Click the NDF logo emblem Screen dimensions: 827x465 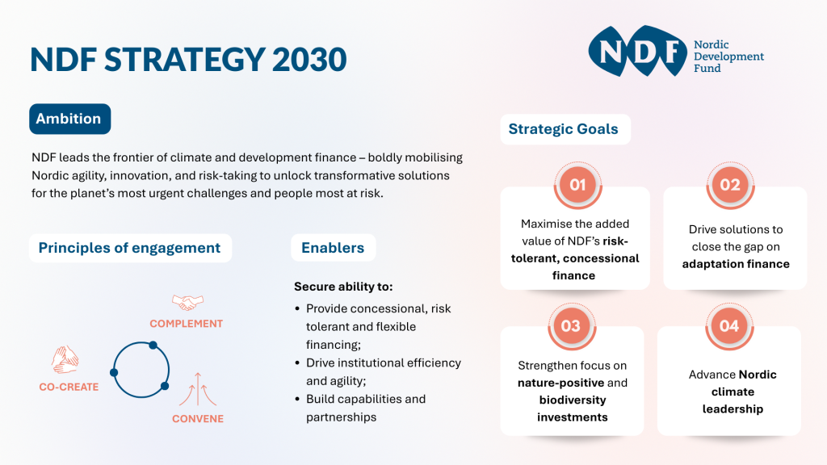(638, 51)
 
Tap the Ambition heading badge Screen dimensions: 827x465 (69, 119)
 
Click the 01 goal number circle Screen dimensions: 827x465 (577, 185)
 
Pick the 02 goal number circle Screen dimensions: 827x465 (730, 185)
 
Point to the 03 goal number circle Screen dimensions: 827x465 (571, 326)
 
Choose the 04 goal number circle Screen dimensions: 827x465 (729, 326)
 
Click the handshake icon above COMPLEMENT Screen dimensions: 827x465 (187, 303)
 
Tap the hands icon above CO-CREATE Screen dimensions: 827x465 (65, 359)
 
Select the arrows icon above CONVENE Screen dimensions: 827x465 (198, 389)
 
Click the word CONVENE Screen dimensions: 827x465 (198, 419)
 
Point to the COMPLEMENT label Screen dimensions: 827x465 (187, 324)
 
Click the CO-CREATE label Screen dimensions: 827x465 (69, 387)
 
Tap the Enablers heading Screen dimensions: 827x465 (333, 248)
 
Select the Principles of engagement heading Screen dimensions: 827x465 (130, 248)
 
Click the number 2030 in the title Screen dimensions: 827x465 (309, 59)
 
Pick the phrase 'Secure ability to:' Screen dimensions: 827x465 (343, 287)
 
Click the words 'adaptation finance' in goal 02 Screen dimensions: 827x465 (736, 264)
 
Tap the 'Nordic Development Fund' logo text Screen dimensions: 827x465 (729, 57)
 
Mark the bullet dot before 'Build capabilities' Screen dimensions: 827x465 (297, 399)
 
